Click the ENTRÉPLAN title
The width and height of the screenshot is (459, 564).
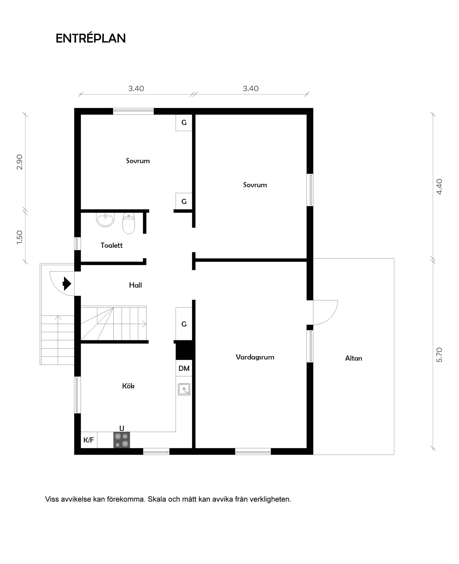click(x=90, y=38)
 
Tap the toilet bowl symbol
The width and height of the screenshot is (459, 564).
click(x=129, y=224)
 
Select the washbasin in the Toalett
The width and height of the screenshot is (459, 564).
click(x=105, y=220)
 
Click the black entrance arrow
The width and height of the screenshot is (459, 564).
click(x=67, y=284)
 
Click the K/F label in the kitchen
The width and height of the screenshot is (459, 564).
click(x=89, y=440)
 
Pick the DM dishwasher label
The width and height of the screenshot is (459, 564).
click(x=184, y=368)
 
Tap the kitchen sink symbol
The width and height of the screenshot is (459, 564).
click(x=184, y=389)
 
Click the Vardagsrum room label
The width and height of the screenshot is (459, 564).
click(x=255, y=357)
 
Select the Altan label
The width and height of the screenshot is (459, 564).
click(x=354, y=358)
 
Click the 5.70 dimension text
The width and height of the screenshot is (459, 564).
click(x=439, y=355)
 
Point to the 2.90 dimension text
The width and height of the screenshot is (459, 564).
click(x=20, y=162)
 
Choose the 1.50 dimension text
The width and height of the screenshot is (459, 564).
click(x=20, y=237)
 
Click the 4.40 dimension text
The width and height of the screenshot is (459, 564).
click(x=439, y=187)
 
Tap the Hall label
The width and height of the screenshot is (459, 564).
click(x=135, y=285)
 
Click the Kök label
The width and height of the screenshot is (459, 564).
click(x=128, y=386)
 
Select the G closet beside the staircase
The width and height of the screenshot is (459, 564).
click(x=184, y=324)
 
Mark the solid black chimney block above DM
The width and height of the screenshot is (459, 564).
click(x=184, y=350)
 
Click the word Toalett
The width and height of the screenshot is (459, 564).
click(x=112, y=245)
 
